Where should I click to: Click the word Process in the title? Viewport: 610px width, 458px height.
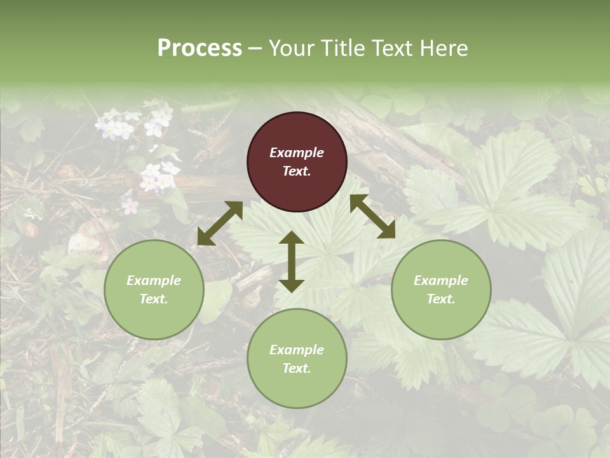(x=200, y=48)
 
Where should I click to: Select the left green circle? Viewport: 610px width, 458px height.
(x=154, y=289)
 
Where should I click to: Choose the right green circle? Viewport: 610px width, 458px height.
(x=441, y=289)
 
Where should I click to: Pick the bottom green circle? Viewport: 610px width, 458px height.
(x=297, y=358)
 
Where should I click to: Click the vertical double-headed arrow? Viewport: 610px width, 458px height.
(x=292, y=261)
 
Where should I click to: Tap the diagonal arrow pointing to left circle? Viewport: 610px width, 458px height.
(x=220, y=223)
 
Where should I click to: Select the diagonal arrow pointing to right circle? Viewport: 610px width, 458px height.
(x=372, y=216)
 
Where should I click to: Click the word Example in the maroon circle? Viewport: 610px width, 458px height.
(x=297, y=153)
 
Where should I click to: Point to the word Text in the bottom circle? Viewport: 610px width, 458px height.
(x=295, y=368)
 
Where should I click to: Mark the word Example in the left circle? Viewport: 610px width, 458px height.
(x=154, y=281)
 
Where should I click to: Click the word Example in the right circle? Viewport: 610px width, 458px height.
(x=441, y=281)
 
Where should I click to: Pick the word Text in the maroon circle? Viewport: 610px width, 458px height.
(x=295, y=171)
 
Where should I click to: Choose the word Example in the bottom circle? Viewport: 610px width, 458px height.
(x=297, y=350)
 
